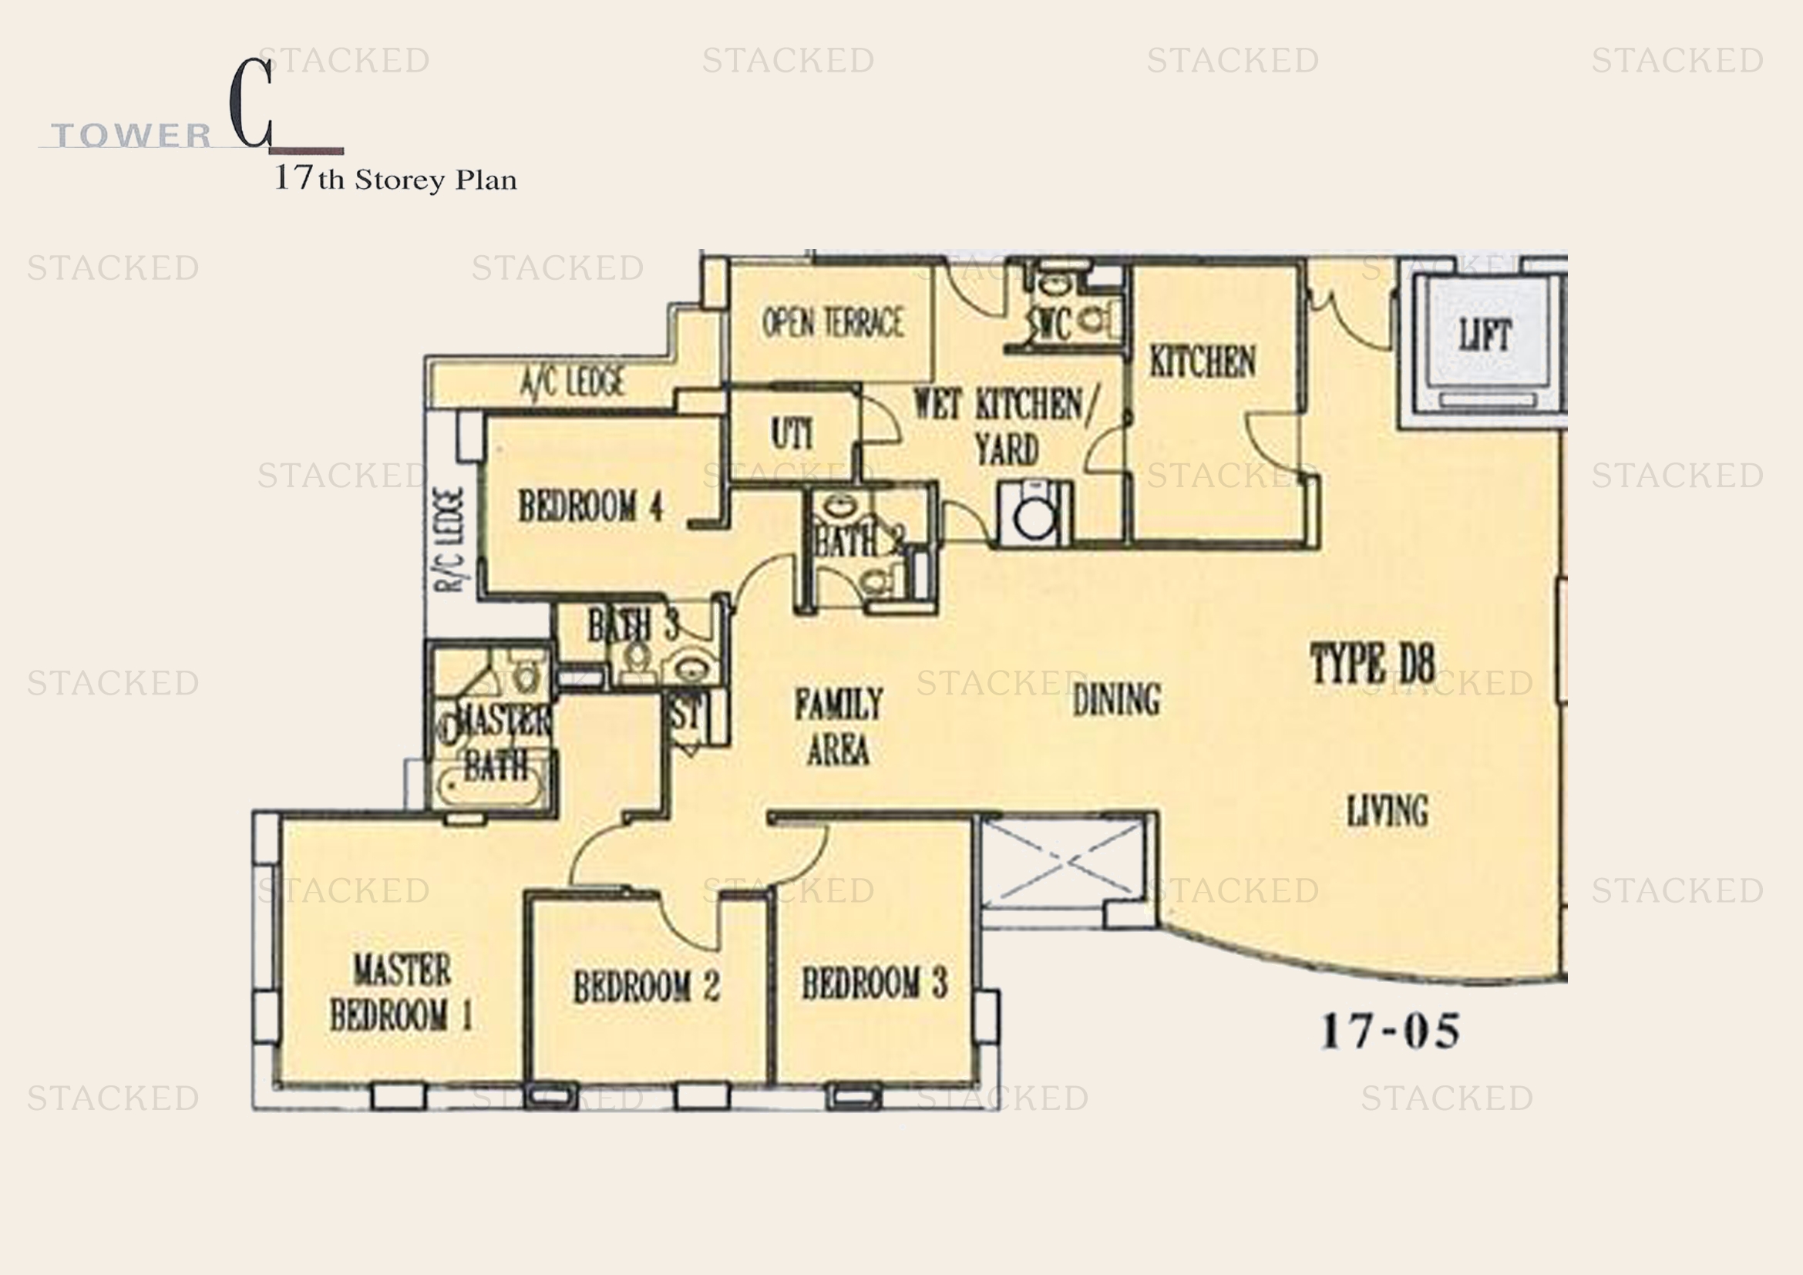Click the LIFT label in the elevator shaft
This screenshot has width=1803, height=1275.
click(x=1485, y=336)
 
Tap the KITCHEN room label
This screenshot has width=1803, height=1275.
click(x=1203, y=362)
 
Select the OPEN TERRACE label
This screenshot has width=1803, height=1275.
click(x=833, y=323)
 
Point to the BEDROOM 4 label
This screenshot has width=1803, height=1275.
click(x=590, y=506)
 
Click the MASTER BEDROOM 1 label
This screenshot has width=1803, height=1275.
click(x=402, y=992)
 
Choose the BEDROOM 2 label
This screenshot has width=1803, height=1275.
click(x=646, y=987)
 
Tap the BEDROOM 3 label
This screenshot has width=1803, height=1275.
click(x=874, y=983)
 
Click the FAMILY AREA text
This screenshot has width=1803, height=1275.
click(x=839, y=726)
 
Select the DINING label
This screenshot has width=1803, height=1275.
click(x=1116, y=699)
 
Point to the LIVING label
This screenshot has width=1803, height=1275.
click(x=1388, y=811)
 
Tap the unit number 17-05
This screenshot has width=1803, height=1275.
click(x=1390, y=1031)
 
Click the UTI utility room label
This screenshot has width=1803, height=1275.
click(x=792, y=434)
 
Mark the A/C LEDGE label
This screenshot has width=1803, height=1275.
click(x=573, y=382)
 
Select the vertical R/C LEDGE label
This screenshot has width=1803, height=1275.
click(x=451, y=540)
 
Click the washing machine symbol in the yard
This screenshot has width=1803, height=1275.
click(x=1035, y=515)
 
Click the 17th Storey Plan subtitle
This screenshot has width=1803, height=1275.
click(x=395, y=180)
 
